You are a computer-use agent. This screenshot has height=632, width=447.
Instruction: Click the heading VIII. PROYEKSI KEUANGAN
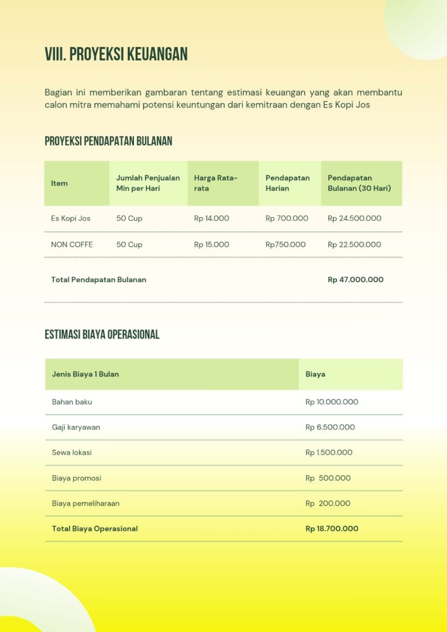[116, 54]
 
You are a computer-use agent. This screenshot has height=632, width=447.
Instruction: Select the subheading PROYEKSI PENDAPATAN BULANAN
[108, 141]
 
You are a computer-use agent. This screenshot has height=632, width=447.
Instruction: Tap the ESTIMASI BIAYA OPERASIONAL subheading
[102, 335]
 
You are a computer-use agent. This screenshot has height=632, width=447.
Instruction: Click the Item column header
[59, 183]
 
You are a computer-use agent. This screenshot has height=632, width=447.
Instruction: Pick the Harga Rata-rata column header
[215, 183]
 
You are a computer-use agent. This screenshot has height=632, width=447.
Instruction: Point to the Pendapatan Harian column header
[288, 183]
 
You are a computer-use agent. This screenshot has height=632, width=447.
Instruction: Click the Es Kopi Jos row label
[70, 218]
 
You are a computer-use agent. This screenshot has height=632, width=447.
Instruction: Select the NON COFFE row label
[72, 244]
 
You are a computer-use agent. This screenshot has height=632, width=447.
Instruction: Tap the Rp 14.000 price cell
[211, 218]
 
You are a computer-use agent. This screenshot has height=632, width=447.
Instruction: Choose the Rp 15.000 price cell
[211, 244]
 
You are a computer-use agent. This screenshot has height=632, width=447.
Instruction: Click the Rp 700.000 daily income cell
[286, 218]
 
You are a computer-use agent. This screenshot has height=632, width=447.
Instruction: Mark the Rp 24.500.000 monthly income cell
[354, 218]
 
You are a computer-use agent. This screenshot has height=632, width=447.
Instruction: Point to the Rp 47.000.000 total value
[355, 280]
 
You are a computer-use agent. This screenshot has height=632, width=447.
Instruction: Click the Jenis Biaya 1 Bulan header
[85, 374]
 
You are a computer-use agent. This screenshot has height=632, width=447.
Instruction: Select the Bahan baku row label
[72, 402]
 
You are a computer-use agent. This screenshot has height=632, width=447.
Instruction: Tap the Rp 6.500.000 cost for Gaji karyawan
[330, 427]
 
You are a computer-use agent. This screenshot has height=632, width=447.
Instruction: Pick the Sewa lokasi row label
[72, 452]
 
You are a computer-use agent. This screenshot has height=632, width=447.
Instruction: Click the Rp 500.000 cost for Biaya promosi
[328, 478]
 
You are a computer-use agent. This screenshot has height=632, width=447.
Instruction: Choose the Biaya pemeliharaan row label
[85, 503]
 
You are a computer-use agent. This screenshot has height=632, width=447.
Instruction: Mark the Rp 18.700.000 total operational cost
[332, 528]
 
